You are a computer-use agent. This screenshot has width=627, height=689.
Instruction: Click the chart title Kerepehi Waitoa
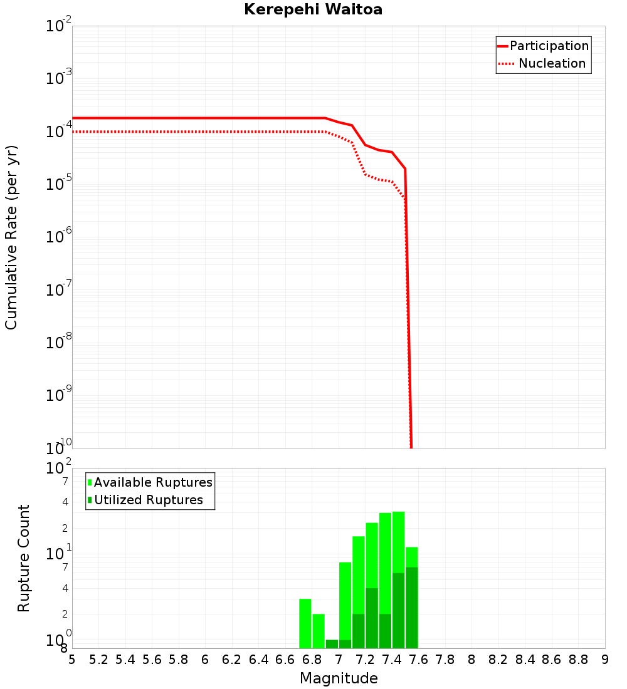click(x=313, y=9)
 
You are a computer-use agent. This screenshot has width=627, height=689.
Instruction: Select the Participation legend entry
click(x=549, y=46)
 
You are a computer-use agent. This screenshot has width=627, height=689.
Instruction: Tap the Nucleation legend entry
click(x=551, y=63)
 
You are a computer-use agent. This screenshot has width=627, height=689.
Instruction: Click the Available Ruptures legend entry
click(x=152, y=482)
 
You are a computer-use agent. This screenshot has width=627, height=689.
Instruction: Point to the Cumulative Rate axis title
click(x=11, y=237)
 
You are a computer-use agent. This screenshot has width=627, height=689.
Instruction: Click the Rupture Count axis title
click(x=24, y=558)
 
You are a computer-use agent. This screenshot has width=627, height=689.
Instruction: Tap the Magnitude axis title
click(x=339, y=678)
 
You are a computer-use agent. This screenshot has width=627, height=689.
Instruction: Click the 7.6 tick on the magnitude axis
click(x=419, y=660)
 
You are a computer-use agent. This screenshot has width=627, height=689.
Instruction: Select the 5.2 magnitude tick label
click(x=98, y=660)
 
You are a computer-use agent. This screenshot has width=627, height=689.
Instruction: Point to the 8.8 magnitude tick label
click(x=578, y=660)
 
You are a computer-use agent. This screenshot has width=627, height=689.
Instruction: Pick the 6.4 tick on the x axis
click(x=258, y=660)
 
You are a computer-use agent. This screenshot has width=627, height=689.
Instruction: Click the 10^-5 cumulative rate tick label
click(x=59, y=185)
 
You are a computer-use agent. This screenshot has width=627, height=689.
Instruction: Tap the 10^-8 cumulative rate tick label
click(x=59, y=343)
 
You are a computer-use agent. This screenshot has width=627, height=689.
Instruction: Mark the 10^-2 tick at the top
click(x=59, y=26)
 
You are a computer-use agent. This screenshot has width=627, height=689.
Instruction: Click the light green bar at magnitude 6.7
click(x=305, y=623)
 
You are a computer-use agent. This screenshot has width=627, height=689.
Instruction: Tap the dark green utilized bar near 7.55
click(x=411, y=607)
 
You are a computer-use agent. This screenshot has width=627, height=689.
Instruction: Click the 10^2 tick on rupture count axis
click(x=59, y=469)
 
